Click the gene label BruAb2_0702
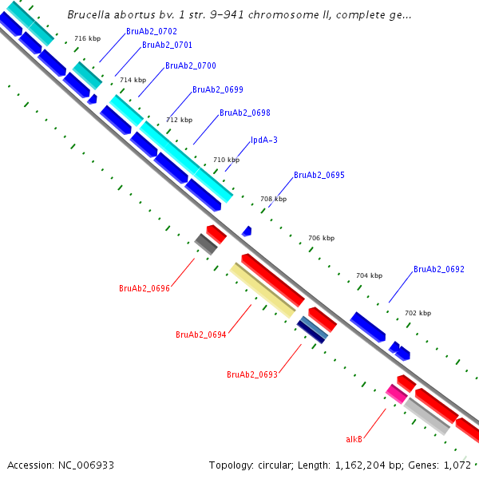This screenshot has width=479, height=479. (152, 31)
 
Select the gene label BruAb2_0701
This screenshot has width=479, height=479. (167, 46)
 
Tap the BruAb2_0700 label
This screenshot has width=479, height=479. (190, 65)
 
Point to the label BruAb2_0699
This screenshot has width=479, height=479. (218, 89)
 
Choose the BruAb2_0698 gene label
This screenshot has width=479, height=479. (244, 113)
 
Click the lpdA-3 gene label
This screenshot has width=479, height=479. (264, 140)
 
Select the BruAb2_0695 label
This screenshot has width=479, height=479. (319, 175)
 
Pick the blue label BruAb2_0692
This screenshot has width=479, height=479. (438, 270)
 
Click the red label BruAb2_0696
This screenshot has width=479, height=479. (144, 288)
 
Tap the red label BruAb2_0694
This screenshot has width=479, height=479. (201, 335)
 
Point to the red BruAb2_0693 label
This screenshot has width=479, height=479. (252, 374)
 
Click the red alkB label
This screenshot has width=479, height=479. (354, 439)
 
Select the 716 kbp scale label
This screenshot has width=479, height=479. (87, 38)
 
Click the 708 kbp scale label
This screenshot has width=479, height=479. (273, 199)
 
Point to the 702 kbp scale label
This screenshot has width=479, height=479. (418, 314)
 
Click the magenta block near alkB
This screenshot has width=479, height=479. (397, 393)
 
